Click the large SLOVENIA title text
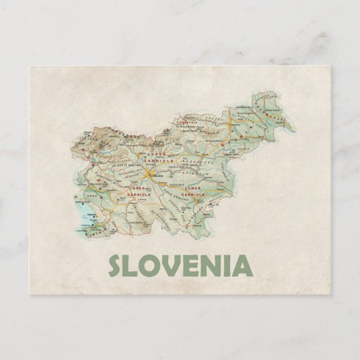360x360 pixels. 179,265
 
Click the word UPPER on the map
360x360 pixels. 151,154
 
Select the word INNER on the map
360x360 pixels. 137,188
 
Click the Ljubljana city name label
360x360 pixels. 157,176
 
